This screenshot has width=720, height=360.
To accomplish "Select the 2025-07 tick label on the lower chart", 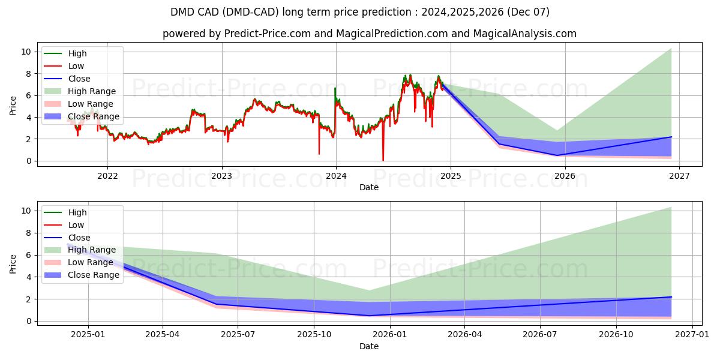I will [x=238, y=335].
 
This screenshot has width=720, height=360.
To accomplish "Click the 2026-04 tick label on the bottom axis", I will [x=465, y=335].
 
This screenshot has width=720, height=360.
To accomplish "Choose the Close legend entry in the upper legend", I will [x=79, y=79].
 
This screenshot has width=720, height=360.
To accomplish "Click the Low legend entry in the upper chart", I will [x=76, y=66].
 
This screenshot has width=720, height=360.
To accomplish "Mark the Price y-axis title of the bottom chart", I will [x=13, y=263].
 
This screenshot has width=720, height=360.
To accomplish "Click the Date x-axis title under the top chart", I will [x=368, y=187].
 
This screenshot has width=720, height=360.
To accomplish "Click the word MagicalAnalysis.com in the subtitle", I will [x=525, y=34].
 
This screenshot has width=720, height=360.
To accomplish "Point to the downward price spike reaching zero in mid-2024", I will [x=383, y=160].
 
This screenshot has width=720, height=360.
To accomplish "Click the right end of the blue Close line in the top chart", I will [x=671, y=137].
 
